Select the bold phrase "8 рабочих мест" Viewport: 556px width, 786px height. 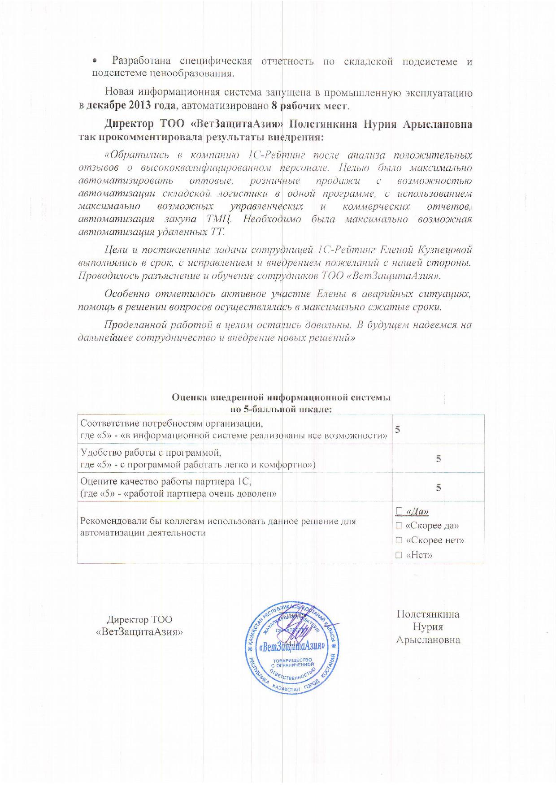click(310, 106)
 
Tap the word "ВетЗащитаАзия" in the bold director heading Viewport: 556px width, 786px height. click(238, 124)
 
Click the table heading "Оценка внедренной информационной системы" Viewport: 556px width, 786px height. click(281, 397)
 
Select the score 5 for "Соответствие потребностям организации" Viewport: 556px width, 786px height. click(397, 429)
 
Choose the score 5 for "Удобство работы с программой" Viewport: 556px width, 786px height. click(439, 458)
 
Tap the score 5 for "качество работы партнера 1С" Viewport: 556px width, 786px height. click(439, 488)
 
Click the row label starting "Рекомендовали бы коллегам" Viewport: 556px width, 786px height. click(217, 527)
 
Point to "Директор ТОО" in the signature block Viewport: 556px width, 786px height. click(139, 620)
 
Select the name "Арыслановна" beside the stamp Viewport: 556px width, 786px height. click(428, 640)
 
